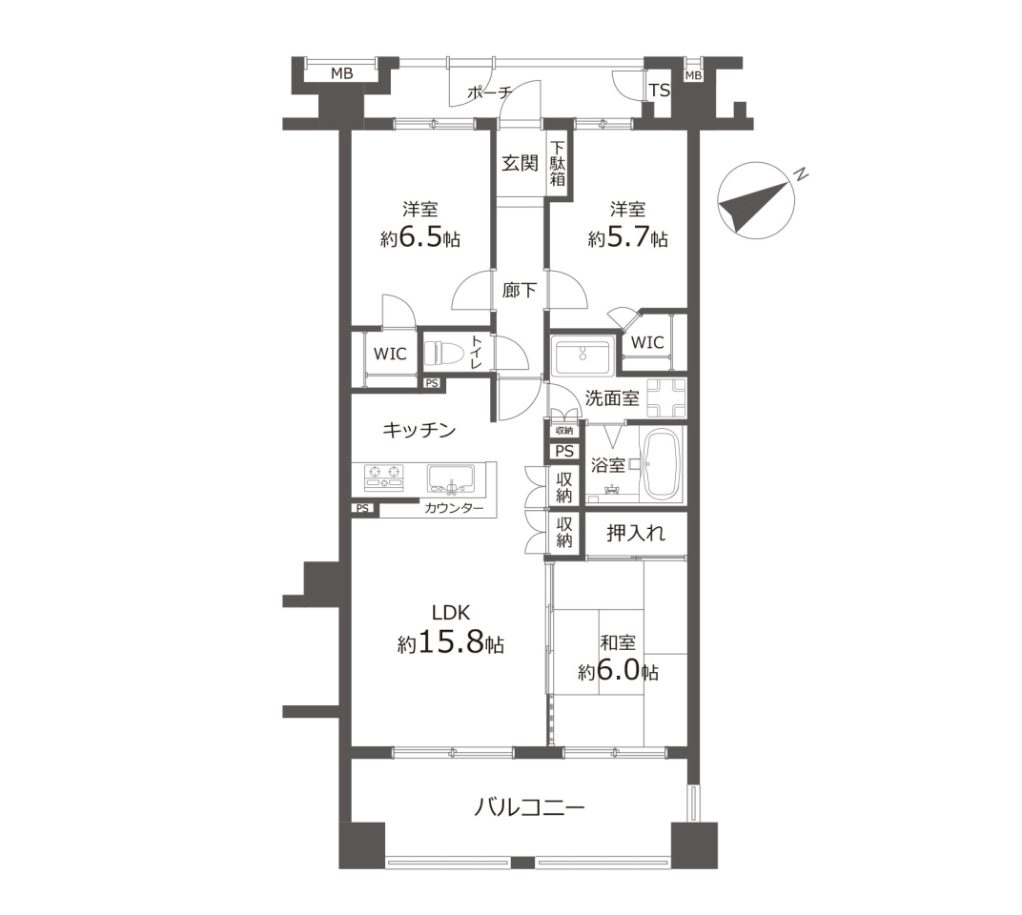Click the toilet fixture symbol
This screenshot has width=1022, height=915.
coord(442,354)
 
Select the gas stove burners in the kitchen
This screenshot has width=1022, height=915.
coord(383,478)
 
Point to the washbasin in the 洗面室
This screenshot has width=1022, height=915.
coord(581,355)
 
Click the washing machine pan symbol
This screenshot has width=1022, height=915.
coord(666,397)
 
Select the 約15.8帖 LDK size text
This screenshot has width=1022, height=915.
coord(450,644)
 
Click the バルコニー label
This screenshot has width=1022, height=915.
coord(528,809)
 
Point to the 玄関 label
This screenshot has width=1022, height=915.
coord(521,163)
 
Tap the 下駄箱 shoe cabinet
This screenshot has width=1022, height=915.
coord(558,164)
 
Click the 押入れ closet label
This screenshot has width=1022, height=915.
coord(636,534)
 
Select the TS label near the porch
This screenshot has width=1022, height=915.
coord(659,90)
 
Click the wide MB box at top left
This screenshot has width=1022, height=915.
coord(341,73)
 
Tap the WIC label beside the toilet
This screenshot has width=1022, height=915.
coord(390,354)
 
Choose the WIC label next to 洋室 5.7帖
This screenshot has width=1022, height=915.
coord(647,342)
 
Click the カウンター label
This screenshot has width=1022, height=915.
coord(454,508)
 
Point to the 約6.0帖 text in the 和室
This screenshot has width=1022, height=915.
coord(618,671)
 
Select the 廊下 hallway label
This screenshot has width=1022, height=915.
coord(520,290)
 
